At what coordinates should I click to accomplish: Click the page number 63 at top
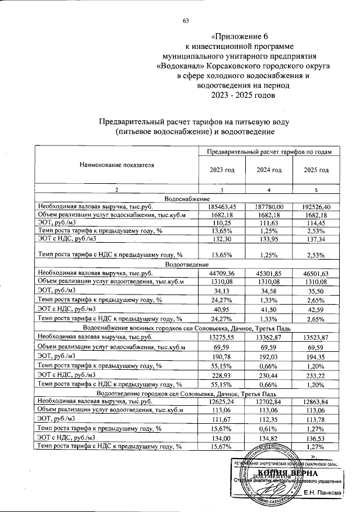click(x=186, y=21)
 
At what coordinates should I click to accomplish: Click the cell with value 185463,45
click(x=222, y=207)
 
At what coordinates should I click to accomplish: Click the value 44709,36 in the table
click(x=222, y=273)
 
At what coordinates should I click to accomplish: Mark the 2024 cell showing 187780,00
click(x=269, y=207)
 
